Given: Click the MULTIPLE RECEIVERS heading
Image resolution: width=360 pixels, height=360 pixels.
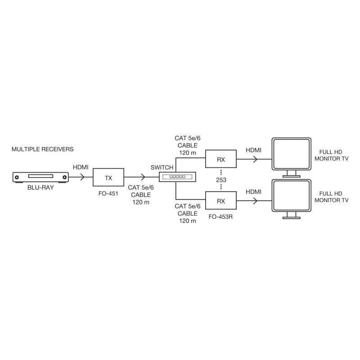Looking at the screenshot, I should coord(42,149).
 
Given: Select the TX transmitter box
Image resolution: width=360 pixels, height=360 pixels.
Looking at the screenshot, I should coord(108,177).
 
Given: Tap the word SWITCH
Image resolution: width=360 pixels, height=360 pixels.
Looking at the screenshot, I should coord(162,167).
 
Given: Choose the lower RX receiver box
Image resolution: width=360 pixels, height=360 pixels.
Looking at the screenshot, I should coord(221,201).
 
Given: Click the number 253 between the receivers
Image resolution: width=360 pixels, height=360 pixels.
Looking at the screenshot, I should coord(221,180).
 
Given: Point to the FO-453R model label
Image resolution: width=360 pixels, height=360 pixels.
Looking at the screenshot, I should coord(221,216).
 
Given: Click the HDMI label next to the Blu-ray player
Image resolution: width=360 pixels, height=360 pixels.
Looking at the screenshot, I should coord(81,167).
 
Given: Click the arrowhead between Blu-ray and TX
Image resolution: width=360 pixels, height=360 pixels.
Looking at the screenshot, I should coord(82,177).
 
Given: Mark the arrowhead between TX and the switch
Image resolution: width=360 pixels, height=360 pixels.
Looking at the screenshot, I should coord(144,177).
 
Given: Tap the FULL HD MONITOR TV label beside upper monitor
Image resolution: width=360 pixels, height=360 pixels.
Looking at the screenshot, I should coord(332,156).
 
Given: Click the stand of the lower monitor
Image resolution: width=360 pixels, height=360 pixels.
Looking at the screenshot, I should coord(291,216).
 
